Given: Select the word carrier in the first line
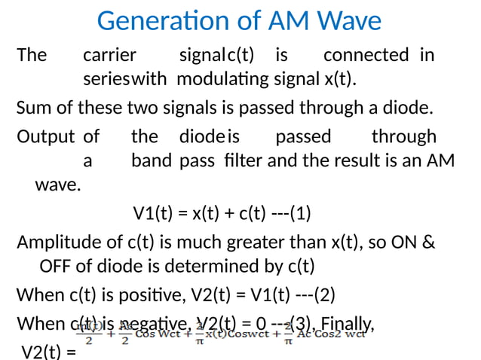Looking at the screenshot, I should (x=109, y=55).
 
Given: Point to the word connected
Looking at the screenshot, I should (x=366, y=55).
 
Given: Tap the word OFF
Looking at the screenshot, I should (x=55, y=267).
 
